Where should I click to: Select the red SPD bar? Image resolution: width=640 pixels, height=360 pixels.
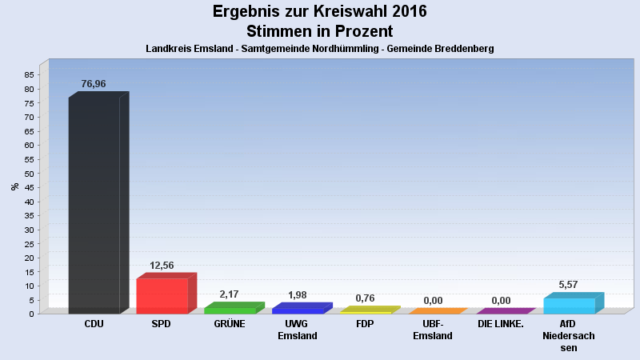click(162, 296)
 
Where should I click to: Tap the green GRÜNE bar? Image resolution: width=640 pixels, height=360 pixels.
click(230, 310)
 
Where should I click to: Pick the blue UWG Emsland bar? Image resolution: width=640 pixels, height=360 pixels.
click(298, 310)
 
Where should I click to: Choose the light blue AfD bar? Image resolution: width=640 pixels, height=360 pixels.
click(569, 305)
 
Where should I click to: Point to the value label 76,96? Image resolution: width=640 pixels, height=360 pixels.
click(94, 83)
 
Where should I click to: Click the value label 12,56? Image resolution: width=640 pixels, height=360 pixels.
click(162, 266)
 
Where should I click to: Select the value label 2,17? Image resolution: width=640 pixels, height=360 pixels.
click(230, 294)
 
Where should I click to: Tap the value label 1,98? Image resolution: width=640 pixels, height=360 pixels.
click(298, 295)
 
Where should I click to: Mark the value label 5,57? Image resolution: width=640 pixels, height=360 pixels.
click(569, 285)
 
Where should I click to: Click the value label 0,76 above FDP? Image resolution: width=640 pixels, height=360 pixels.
click(366, 298)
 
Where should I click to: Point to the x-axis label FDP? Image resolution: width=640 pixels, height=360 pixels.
click(365, 324)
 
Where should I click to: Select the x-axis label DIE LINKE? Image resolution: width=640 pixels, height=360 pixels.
click(501, 324)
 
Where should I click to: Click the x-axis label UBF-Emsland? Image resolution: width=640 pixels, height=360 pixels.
click(433, 330)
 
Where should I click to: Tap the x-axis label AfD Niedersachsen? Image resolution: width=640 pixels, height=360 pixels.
click(568, 336)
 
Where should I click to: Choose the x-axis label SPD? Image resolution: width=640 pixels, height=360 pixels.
click(162, 324)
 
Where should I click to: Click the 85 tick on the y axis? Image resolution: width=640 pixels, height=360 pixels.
click(29, 74)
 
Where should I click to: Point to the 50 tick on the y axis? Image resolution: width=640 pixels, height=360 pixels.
click(29, 174)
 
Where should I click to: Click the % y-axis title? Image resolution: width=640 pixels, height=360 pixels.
click(14, 186)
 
